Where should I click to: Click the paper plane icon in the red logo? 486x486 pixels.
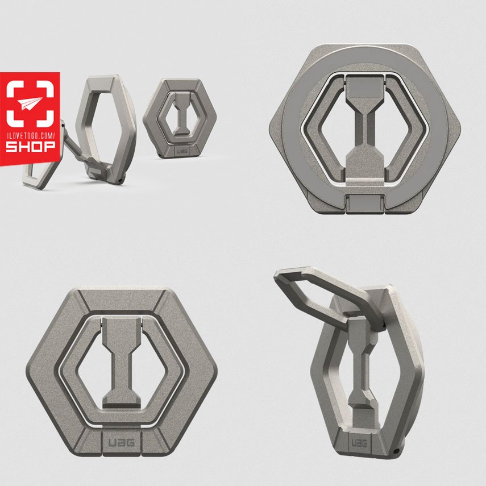click(x=30, y=103)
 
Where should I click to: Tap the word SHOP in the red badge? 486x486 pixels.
click(x=30, y=146)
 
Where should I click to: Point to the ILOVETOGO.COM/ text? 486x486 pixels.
click(x=30, y=135)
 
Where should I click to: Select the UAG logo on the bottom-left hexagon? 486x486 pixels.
click(x=122, y=442)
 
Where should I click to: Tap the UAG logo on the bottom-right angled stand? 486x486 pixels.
click(x=359, y=443)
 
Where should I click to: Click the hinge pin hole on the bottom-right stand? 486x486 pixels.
click(x=396, y=451)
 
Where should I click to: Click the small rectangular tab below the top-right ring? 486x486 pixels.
click(x=364, y=204)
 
